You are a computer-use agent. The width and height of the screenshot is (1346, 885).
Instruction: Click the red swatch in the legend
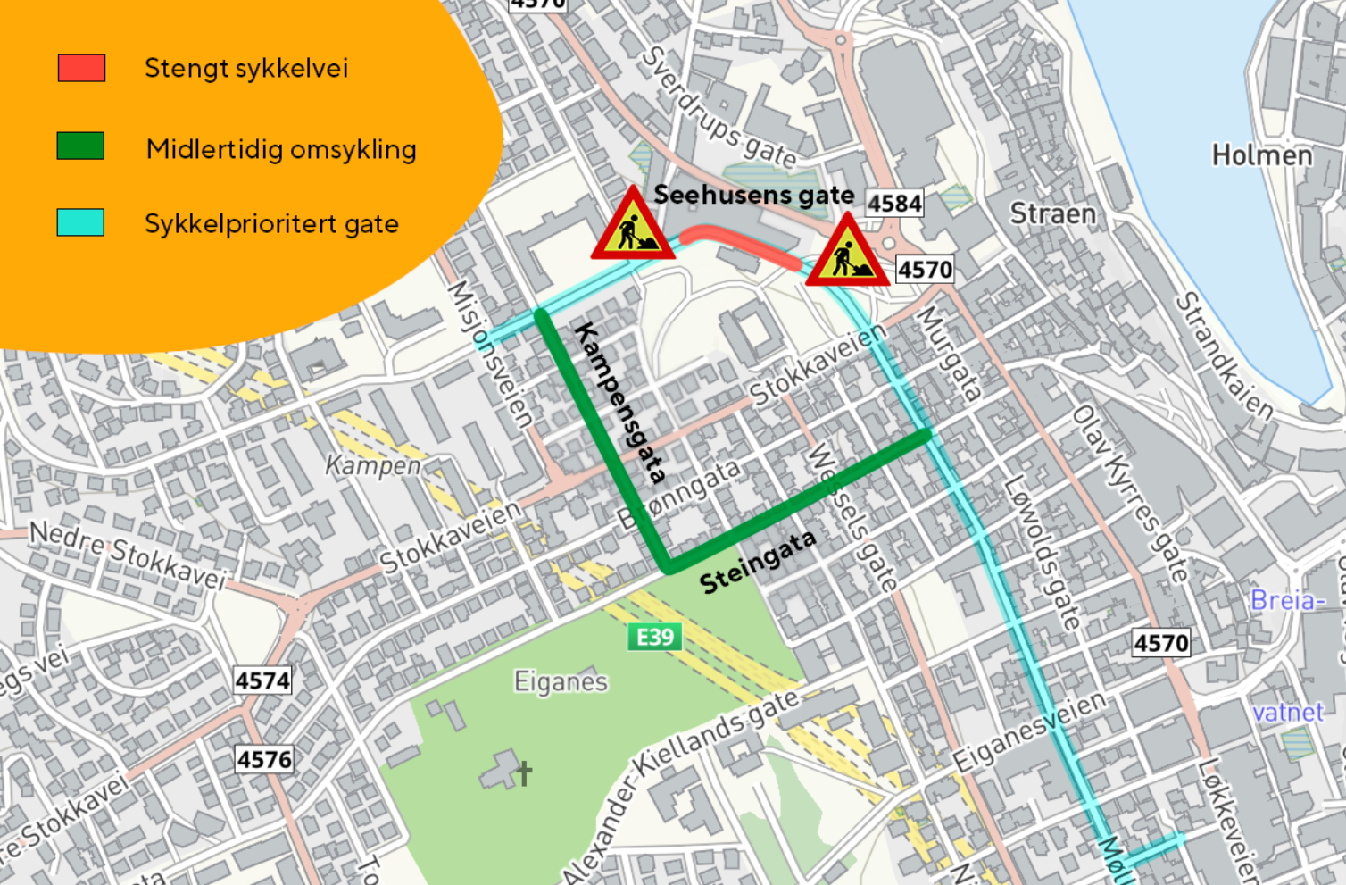(x=81, y=68)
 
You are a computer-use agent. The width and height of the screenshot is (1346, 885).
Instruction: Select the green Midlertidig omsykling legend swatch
(x=80, y=146)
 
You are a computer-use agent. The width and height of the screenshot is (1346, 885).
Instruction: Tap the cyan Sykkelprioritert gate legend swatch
(x=80, y=222)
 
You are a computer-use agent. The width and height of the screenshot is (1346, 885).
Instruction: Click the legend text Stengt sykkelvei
(x=246, y=68)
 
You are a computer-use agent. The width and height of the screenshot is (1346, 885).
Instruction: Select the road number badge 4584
(x=894, y=204)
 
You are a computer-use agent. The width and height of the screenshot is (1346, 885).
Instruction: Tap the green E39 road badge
(x=655, y=637)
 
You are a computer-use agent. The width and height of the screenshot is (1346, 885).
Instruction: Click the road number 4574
(x=262, y=680)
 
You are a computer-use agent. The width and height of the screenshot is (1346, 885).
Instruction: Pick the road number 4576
(x=264, y=759)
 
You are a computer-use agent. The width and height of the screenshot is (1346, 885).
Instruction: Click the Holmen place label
(x=1261, y=155)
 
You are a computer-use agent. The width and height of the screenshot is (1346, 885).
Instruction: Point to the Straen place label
(x=1052, y=213)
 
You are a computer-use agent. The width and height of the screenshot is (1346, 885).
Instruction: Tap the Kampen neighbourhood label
(x=372, y=465)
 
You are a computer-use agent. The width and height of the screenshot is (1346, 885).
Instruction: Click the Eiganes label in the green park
(x=561, y=682)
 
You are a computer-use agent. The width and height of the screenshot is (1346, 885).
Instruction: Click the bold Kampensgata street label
(x=620, y=403)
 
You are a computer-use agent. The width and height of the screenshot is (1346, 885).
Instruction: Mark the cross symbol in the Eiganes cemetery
(x=524, y=772)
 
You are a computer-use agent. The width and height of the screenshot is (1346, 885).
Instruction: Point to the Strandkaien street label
(x=1223, y=355)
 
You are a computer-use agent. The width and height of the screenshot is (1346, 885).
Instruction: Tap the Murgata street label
(x=950, y=353)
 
